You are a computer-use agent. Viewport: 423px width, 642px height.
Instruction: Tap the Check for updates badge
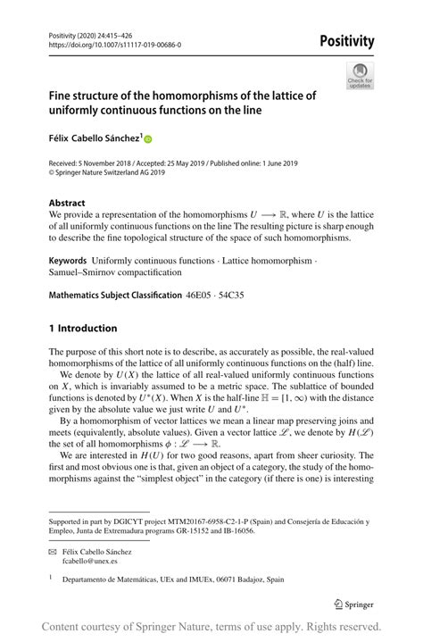pyautogui.click(x=361, y=75)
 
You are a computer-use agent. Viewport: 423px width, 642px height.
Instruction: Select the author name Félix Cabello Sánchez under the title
pyautogui.click(x=94, y=138)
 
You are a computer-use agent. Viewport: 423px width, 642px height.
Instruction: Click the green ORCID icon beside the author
pyautogui.click(x=148, y=139)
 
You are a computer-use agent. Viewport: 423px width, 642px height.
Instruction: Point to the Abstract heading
pyautogui.click(x=68, y=203)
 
